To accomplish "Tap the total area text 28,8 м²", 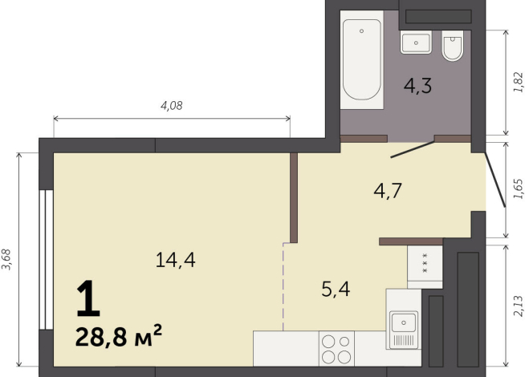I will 119,335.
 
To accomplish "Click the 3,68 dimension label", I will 7,261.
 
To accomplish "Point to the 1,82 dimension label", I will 518,83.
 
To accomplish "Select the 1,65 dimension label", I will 518,189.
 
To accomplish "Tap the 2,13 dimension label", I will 518,307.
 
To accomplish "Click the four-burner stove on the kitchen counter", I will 336,349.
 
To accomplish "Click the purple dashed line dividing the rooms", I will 283,285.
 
